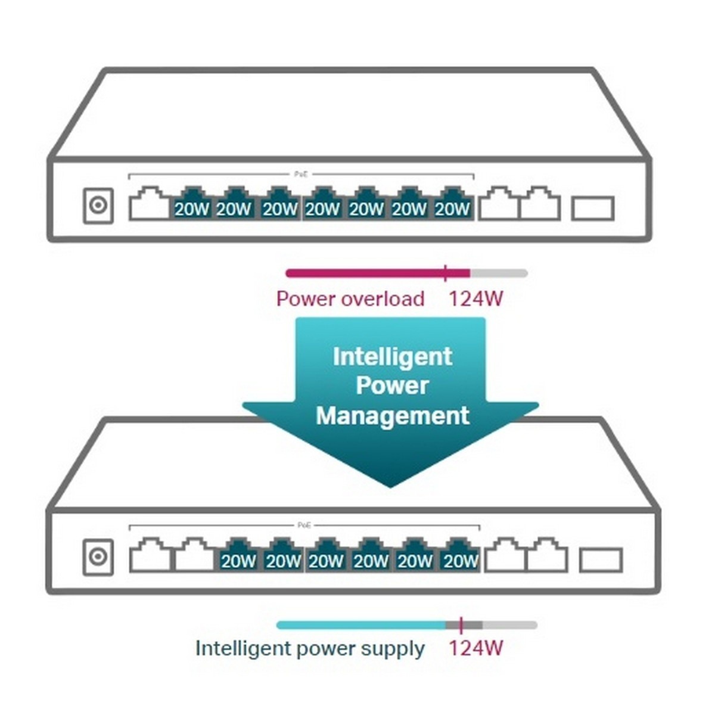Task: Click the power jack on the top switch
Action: click(98, 206)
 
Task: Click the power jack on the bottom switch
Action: click(98, 557)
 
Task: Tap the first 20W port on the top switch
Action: click(192, 204)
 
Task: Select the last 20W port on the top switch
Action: click(452, 204)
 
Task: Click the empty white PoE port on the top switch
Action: click(149, 204)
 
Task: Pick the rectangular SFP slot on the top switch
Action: click(592, 209)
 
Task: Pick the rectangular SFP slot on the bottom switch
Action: click(601, 560)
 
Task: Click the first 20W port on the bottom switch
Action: click(238, 556)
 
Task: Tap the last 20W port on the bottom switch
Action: click(460, 556)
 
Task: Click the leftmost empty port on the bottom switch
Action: click(150, 556)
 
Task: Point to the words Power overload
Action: click(350, 299)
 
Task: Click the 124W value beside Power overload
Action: click(475, 299)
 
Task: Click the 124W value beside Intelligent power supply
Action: click(475, 648)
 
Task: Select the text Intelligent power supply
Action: click(310, 648)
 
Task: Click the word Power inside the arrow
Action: click(392, 386)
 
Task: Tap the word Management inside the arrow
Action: click(392, 415)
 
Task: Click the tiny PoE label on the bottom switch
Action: click(304, 525)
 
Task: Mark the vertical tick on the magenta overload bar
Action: click(445, 273)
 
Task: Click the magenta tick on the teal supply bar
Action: click(461, 625)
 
